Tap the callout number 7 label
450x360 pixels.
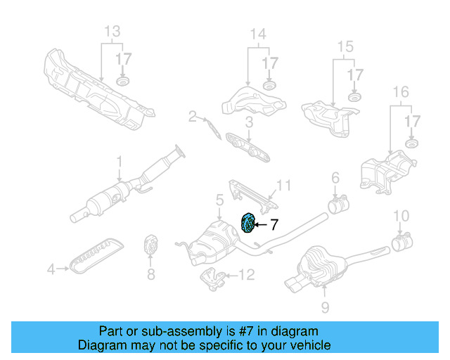(x=274, y=225)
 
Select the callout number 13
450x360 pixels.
(x=112, y=32)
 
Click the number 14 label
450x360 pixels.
(x=258, y=34)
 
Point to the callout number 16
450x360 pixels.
(x=400, y=92)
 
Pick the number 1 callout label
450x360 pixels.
(x=119, y=161)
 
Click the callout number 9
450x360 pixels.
(x=324, y=307)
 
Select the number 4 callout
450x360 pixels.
(x=50, y=268)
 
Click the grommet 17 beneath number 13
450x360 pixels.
(x=123, y=84)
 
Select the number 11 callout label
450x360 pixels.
(x=283, y=186)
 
